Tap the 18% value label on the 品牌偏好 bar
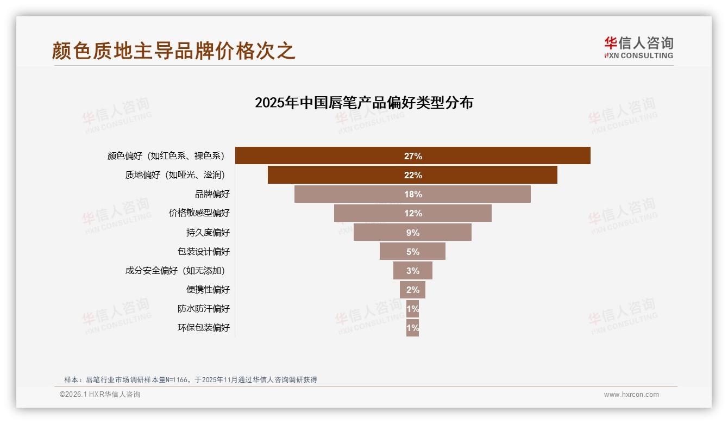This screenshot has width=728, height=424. [x=413, y=194]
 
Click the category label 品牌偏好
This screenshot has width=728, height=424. [x=212, y=194]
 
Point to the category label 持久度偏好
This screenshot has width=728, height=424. [x=208, y=232]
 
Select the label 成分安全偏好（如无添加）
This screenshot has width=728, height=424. [x=175, y=270]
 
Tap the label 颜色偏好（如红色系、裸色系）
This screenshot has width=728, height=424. [x=166, y=156]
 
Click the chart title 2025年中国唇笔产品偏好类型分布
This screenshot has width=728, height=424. [x=364, y=103]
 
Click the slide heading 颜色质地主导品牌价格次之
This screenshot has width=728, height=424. [x=174, y=51]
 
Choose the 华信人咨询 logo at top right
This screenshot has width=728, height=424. [x=638, y=47]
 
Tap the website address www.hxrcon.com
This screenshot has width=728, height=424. [x=631, y=395]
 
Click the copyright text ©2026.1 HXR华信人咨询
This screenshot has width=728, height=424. [x=100, y=395]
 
